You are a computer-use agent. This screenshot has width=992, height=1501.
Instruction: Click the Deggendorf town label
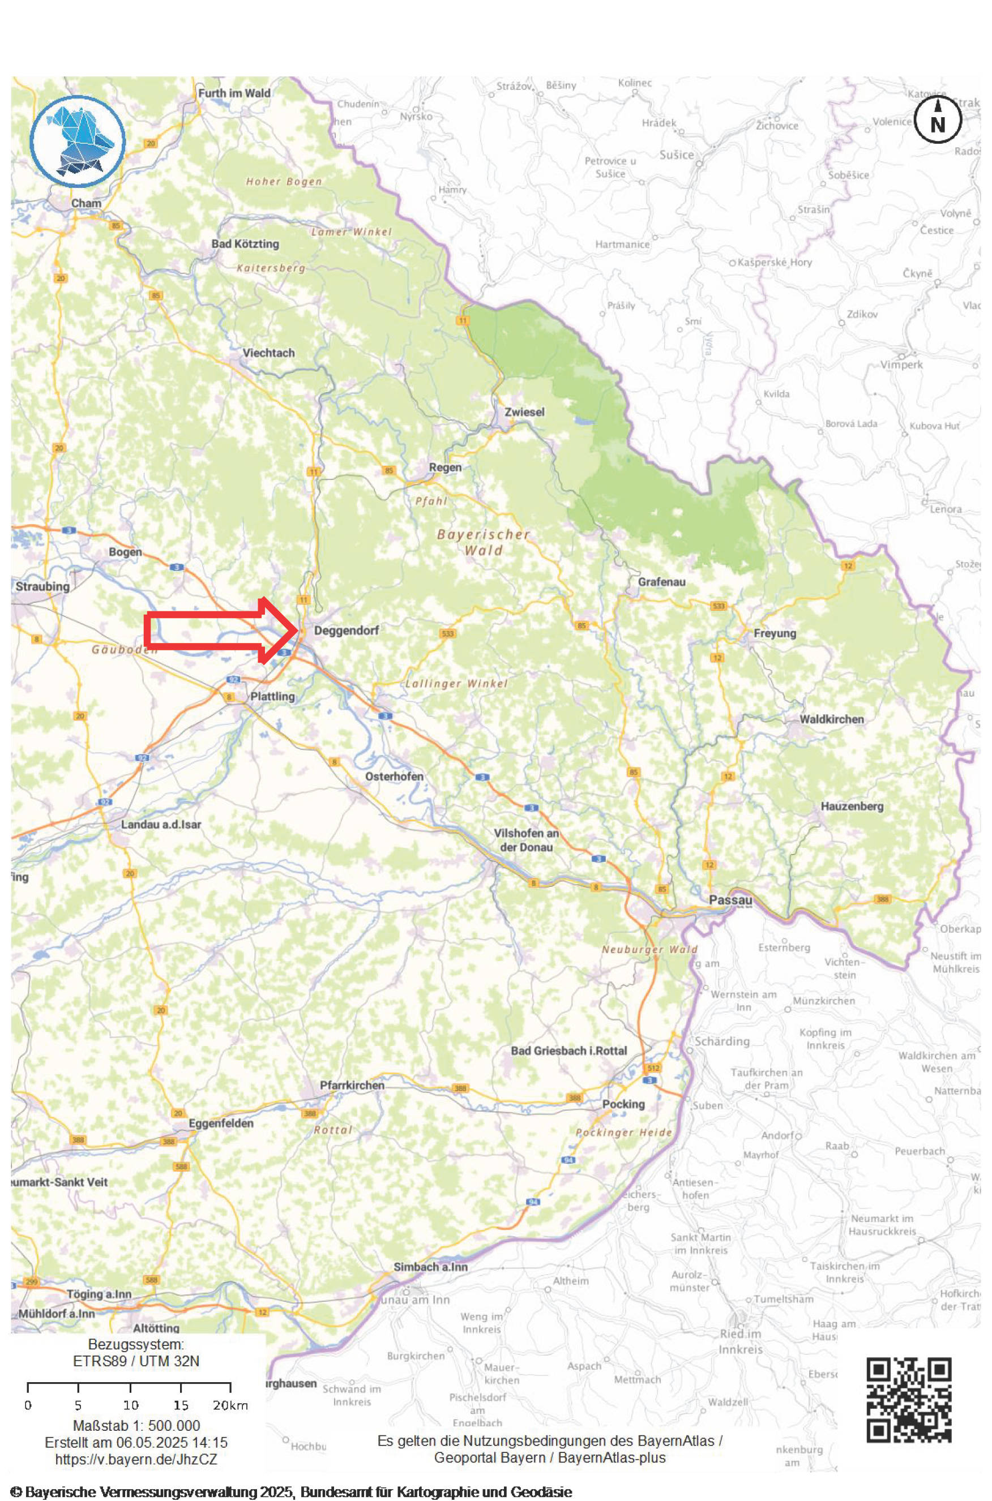[346, 631]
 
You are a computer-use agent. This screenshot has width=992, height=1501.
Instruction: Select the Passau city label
[731, 900]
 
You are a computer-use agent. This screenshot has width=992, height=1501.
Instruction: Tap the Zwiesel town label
[524, 411]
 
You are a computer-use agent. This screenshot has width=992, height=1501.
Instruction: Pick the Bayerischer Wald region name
[484, 542]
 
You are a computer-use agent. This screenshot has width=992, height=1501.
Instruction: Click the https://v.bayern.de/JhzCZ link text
[136, 1459]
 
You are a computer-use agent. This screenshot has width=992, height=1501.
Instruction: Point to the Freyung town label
[775, 633]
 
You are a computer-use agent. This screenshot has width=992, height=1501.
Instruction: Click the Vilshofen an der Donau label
[526, 840]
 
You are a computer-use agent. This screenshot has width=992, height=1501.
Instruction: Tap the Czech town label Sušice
[676, 155]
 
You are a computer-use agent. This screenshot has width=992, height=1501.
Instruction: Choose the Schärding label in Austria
[722, 1041]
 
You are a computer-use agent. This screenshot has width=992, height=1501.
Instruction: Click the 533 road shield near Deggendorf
[447, 633]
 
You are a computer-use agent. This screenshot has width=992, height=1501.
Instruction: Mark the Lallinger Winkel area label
[456, 684]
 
